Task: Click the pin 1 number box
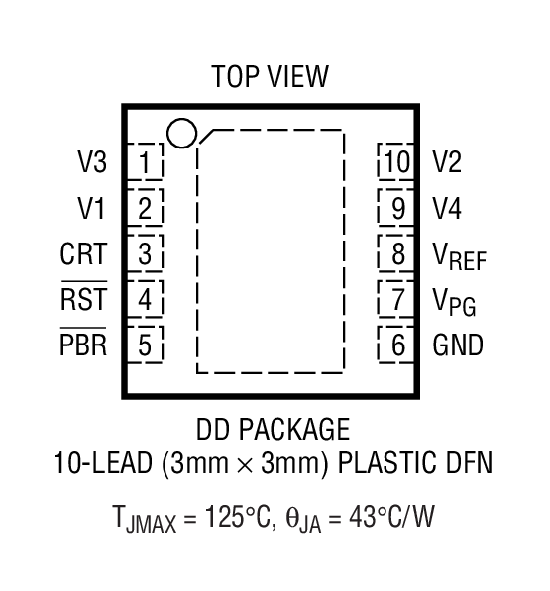[x=146, y=160]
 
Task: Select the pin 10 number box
[x=397, y=160]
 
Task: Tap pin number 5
[x=146, y=345]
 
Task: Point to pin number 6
[x=398, y=345]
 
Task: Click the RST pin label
[x=83, y=299]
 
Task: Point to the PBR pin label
[x=83, y=345]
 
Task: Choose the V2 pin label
[x=447, y=160]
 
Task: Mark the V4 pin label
[x=447, y=208]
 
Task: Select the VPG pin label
[x=454, y=301]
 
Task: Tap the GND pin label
[x=458, y=345]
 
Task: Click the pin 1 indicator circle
[x=181, y=133]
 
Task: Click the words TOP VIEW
[x=270, y=77]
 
